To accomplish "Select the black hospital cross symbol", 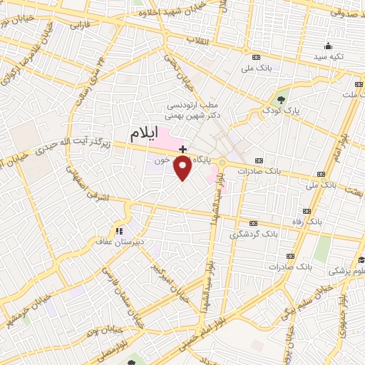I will tap(183, 149).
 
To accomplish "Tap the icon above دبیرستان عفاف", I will tap(119, 230).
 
